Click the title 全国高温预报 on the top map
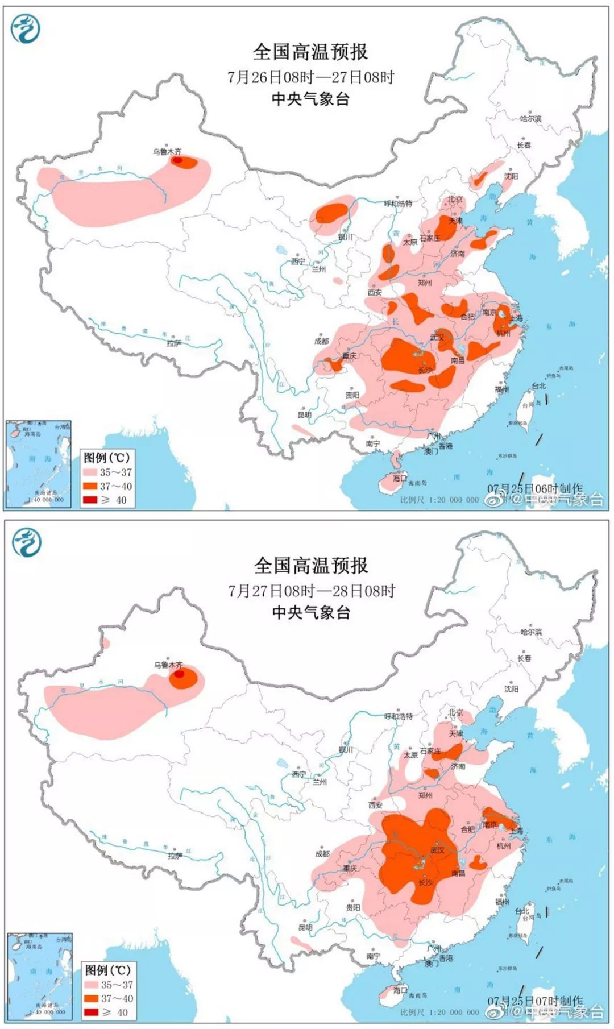310,52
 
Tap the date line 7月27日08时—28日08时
312,591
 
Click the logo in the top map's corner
26,29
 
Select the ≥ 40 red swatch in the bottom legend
90,1012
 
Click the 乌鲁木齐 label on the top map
167,151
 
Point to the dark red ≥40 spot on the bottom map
179,674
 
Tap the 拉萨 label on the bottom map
174,855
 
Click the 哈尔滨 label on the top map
530,118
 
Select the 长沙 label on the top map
425,370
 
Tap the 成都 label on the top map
321,341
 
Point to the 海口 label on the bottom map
400,990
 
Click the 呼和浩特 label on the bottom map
398,717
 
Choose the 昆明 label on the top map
304,414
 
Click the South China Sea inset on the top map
39,463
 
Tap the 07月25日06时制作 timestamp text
534,488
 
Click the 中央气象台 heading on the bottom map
310,612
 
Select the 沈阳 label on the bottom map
511,688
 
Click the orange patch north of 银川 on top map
331,213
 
